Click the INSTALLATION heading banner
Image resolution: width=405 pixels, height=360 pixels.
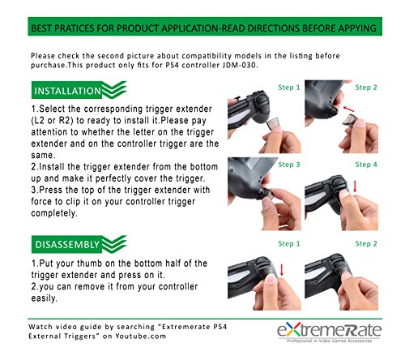79,90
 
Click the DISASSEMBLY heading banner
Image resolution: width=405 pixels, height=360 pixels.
79,244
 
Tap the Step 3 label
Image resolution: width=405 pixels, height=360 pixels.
289,165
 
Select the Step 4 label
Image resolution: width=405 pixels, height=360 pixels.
366,165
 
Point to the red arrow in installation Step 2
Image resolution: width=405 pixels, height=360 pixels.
348,109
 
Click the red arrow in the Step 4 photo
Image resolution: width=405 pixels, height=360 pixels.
355,186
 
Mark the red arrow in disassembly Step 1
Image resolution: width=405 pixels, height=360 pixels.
282,270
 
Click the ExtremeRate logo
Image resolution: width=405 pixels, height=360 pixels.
330,332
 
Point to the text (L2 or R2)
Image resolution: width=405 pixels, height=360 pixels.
52,121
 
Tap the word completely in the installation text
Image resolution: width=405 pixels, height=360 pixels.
54,213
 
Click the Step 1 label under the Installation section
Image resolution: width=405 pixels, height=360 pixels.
289,88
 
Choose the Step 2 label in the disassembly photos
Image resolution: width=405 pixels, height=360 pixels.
366,244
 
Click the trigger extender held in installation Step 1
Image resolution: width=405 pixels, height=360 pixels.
272,123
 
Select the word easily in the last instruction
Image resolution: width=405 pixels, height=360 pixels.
44,298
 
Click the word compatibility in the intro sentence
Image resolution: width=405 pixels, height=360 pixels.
207,56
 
